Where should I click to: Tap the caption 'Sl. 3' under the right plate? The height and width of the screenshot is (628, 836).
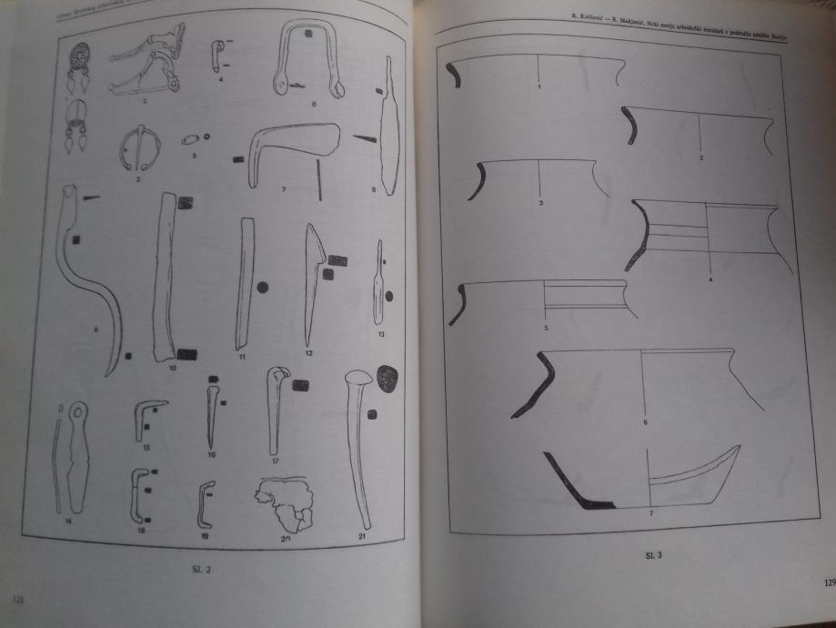tap(652, 554)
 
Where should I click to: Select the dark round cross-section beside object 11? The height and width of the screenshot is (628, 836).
tap(264, 288)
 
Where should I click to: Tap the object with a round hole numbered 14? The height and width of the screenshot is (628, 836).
tap(73, 460)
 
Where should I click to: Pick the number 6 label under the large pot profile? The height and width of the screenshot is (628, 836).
tap(644, 421)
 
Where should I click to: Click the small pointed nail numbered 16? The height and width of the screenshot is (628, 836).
tap(211, 414)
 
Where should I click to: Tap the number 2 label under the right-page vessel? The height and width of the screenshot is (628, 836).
tap(701, 158)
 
